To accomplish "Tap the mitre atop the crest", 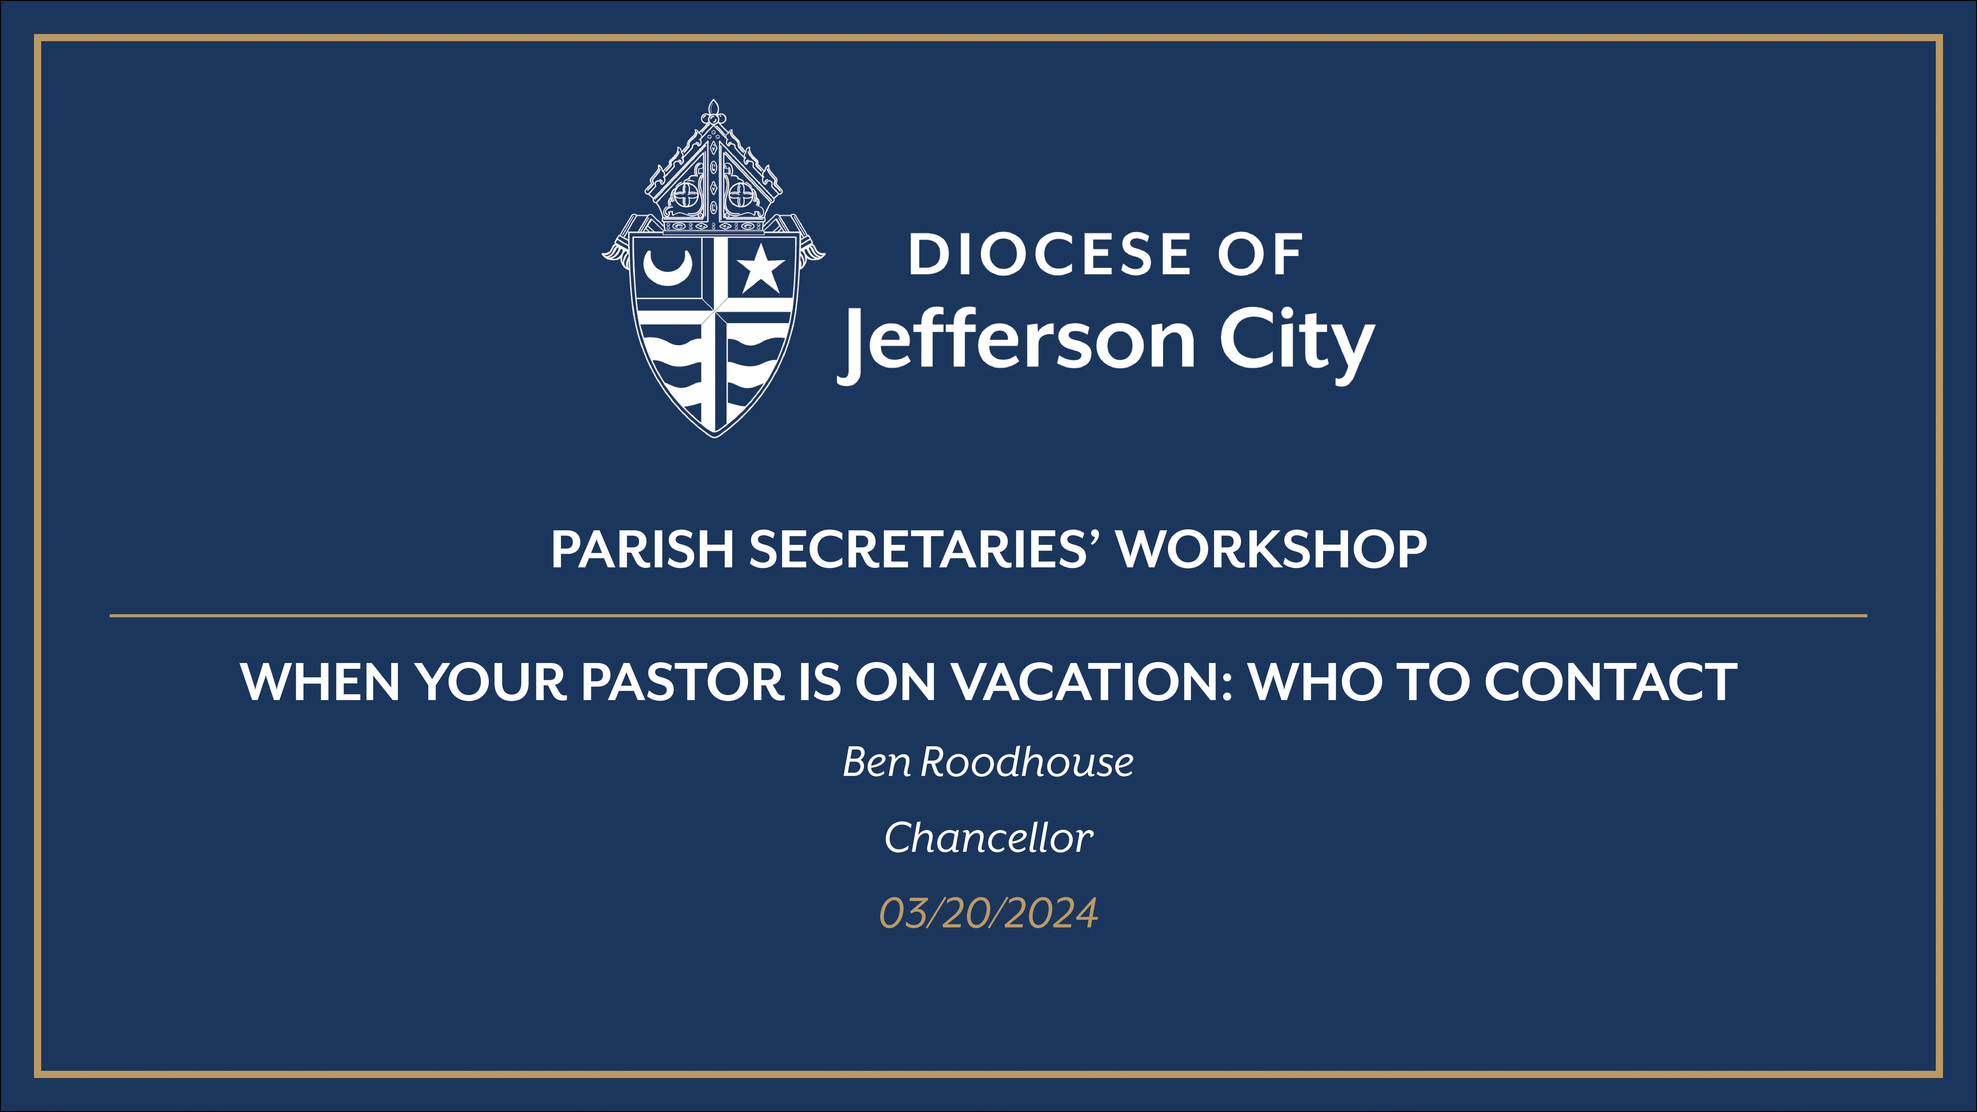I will tap(714, 173).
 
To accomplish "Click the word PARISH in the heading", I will tap(643, 549).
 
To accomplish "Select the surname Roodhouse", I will tap(1027, 762).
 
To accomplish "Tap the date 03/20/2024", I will tap(988, 913).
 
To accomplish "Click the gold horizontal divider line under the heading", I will tap(988, 615).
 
